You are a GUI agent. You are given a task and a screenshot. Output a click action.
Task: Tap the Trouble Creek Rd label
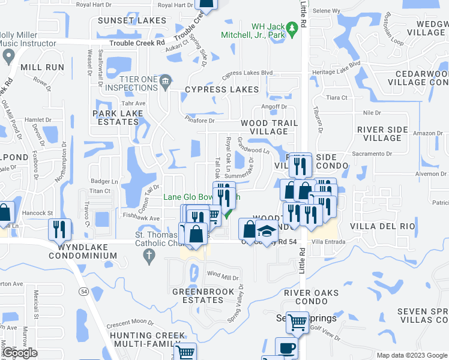tap(137, 43)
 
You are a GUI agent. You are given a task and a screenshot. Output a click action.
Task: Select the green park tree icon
tap(292, 28)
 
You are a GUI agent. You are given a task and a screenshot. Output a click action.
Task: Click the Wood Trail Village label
tap(270, 127)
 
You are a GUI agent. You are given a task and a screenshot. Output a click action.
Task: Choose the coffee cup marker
tap(286, 347)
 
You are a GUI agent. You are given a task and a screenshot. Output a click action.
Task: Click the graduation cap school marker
tap(266, 230)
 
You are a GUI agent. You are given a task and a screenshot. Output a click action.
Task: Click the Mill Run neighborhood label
tap(42, 67)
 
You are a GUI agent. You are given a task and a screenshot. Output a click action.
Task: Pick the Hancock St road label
tap(39, 213)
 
